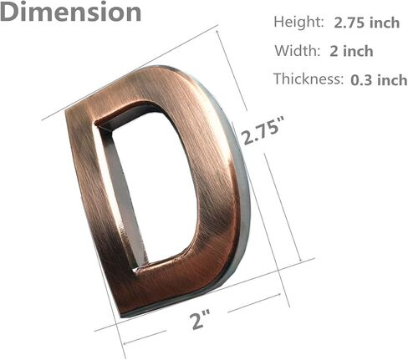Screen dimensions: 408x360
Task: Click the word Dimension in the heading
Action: click(x=71, y=11)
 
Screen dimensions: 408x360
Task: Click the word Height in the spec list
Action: click(x=298, y=22)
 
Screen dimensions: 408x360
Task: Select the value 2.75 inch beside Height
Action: click(x=367, y=23)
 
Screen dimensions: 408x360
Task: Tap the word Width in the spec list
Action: click(x=298, y=51)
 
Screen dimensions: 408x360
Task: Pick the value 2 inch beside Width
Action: click(x=351, y=52)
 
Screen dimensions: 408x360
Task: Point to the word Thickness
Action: click(x=309, y=79)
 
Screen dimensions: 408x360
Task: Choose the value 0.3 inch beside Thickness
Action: click(x=379, y=80)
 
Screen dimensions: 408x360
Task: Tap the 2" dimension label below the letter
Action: click(x=200, y=320)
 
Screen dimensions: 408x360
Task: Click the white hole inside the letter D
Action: click(x=156, y=190)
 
